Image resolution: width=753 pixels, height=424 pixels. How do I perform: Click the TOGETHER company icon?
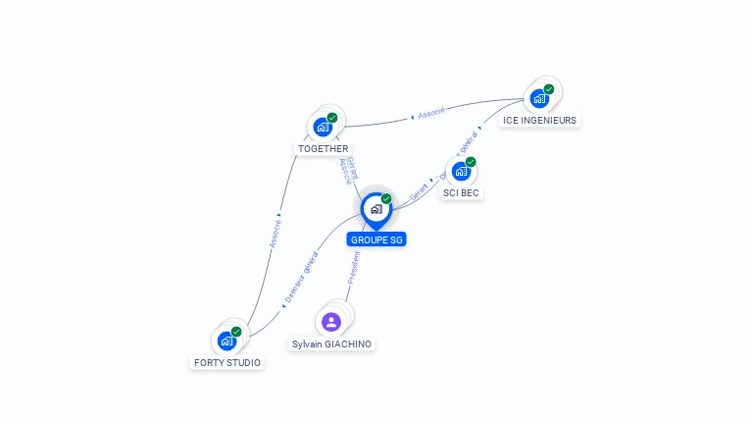(x=323, y=127)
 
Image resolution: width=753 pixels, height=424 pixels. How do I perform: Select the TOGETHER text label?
(x=323, y=149)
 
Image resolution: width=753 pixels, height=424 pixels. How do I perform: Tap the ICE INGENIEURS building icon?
(x=539, y=98)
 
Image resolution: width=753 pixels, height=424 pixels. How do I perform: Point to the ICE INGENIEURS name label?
(x=539, y=120)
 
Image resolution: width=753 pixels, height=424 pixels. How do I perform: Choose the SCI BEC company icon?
(x=461, y=171)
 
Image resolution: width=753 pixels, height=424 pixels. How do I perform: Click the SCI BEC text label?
(x=461, y=192)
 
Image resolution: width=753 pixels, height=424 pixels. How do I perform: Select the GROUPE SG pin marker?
(x=376, y=209)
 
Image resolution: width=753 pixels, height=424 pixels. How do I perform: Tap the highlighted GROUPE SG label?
(x=376, y=239)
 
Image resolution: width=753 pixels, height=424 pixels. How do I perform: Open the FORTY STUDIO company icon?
(x=226, y=341)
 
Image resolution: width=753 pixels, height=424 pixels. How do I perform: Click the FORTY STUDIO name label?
(x=227, y=362)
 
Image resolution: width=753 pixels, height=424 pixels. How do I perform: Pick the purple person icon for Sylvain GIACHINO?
(x=331, y=322)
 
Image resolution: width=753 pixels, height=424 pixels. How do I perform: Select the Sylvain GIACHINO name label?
(x=332, y=344)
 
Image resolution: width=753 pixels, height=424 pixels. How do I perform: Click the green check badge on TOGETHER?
(x=332, y=118)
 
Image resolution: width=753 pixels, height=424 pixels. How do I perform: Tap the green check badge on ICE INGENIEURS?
(x=549, y=89)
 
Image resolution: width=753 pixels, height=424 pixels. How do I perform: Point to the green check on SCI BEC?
(x=471, y=162)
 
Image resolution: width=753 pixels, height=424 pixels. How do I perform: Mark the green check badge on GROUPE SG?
(x=386, y=199)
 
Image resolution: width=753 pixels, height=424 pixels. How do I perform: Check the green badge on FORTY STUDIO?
(x=236, y=332)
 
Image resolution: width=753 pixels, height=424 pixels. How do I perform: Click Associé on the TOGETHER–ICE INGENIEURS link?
(x=430, y=113)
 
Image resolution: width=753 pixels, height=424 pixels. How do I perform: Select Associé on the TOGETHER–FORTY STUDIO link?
(x=276, y=233)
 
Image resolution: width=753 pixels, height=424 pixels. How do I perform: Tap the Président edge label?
(x=354, y=267)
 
